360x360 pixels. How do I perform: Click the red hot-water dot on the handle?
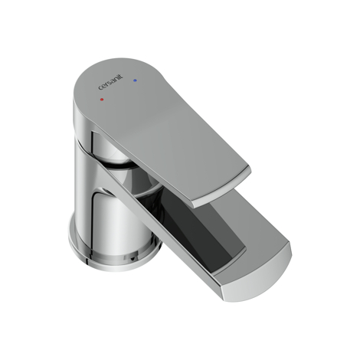pos(102,99)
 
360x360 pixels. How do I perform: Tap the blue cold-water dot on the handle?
pos(135,80)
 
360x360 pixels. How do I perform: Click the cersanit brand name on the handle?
pos(110,82)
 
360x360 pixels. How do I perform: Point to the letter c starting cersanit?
pos(100,88)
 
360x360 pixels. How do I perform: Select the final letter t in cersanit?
pos(121,76)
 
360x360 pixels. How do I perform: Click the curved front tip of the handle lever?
pos(221,190)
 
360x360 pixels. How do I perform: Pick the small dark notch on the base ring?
pos(132,259)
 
